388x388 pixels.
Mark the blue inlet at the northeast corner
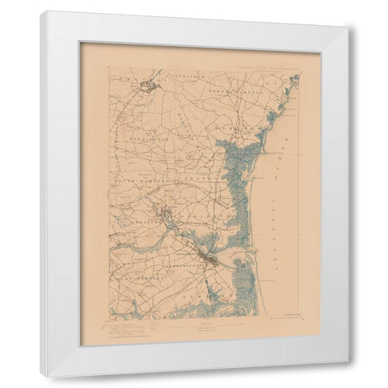click(x=293, y=81)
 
